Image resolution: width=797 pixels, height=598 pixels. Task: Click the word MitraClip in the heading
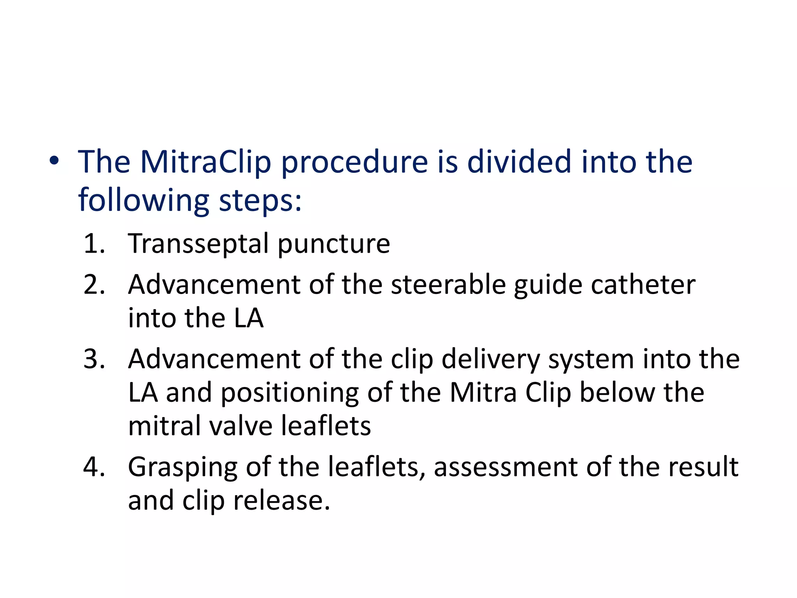205,162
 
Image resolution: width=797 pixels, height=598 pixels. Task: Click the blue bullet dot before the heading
54,160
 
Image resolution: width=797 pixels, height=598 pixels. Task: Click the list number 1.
94,244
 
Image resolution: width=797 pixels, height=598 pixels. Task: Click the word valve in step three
241,426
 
